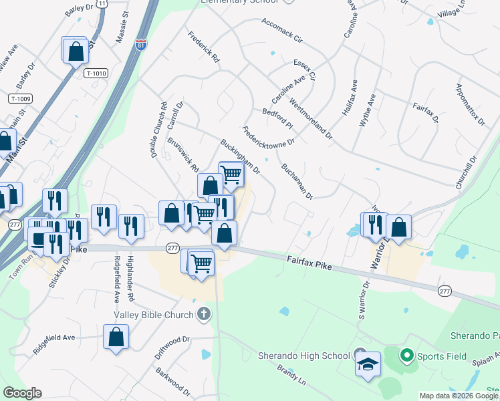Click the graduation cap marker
(x=368, y=365)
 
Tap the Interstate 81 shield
(x=140, y=45)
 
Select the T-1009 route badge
(x=21, y=98)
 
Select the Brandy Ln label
(x=291, y=376)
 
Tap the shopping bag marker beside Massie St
(x=75, y=51)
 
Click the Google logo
(x=22, y=393)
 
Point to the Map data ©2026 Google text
(x=459, y=396)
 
